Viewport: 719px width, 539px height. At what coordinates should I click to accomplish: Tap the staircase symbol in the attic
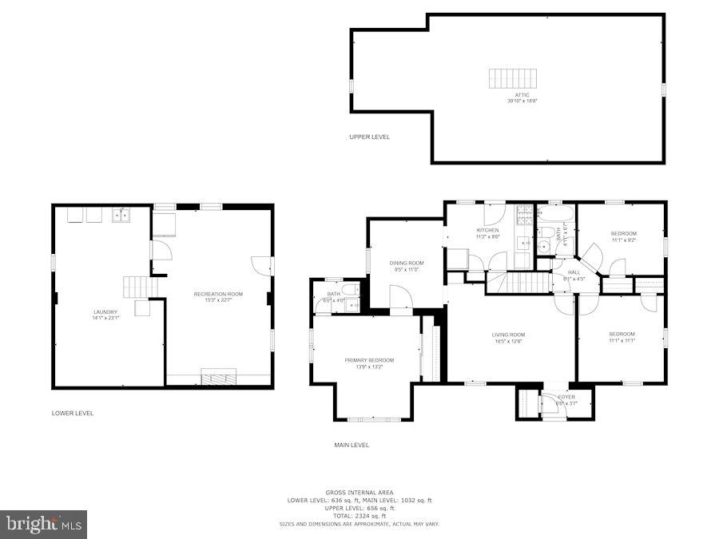coord(513,78)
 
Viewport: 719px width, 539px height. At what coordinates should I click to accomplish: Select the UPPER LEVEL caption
coord(369,137)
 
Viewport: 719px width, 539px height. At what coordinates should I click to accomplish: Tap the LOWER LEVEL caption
coord(73,414)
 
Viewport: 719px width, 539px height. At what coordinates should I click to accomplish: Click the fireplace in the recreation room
coord(218,378)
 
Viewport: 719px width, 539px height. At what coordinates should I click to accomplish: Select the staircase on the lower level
coord(137,287)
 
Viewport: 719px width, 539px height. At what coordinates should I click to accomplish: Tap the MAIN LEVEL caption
coord(352,445)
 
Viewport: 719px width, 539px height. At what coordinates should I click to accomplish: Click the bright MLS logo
coord(44,524)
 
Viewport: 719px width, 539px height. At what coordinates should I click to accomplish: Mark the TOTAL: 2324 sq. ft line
coord(359,516)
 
